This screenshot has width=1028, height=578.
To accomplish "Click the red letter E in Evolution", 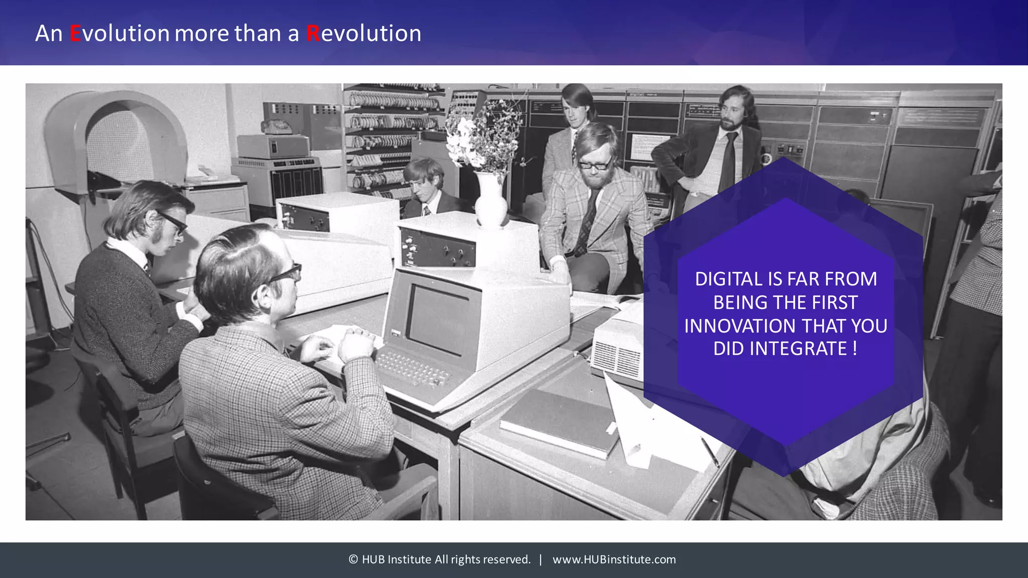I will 75,34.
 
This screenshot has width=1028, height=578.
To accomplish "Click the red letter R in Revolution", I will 313,34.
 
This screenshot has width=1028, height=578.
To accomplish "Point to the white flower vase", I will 490,201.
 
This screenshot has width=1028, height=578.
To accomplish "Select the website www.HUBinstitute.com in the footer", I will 614,559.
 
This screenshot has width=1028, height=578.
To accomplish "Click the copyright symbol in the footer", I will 353,559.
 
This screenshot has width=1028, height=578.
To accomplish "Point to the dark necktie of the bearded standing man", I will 728,161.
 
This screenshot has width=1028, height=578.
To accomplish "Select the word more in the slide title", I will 202,34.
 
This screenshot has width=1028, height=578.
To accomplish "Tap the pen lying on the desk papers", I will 709,451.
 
